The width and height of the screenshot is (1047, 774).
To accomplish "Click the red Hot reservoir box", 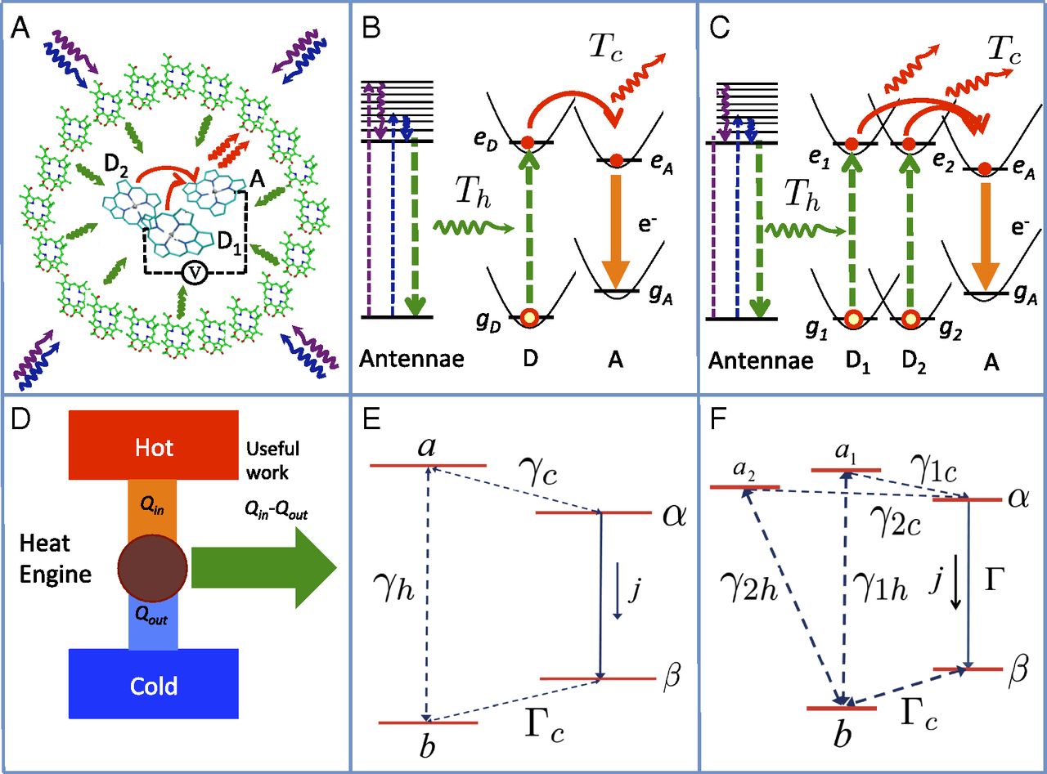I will (x=154, y=445).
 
